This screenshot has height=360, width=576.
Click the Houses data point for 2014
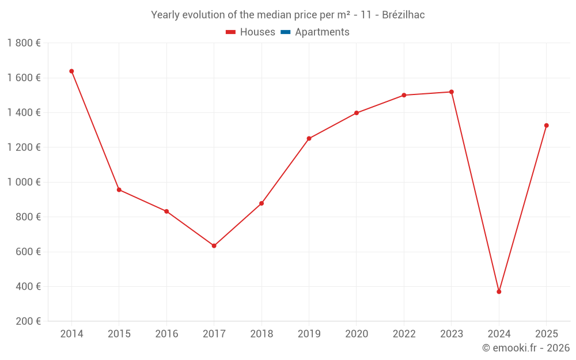(71, 71)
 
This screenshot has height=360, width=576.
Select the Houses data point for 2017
(214, 246)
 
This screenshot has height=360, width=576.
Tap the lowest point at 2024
(499, 291)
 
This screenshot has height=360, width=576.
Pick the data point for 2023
(452, 92)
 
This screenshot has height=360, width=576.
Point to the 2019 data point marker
(309, 138)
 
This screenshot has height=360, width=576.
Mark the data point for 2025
(546, 126)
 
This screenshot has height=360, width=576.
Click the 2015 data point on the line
(119, 190)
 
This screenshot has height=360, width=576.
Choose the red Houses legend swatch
(231, 32)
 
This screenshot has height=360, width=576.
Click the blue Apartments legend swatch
(286, 32)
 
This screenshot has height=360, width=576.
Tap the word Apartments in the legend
(322, 32)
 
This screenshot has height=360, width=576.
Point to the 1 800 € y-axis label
(24, 43)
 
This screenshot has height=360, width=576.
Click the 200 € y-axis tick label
(28, 321)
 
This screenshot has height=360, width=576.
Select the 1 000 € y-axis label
(24, 182)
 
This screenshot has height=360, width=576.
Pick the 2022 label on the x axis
(404, 334)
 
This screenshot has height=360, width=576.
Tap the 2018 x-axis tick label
(262, 334)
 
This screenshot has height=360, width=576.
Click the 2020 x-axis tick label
(357, 334)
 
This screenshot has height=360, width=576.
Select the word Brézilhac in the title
(403, 15)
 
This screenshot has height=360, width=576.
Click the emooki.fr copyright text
(526, 348)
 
